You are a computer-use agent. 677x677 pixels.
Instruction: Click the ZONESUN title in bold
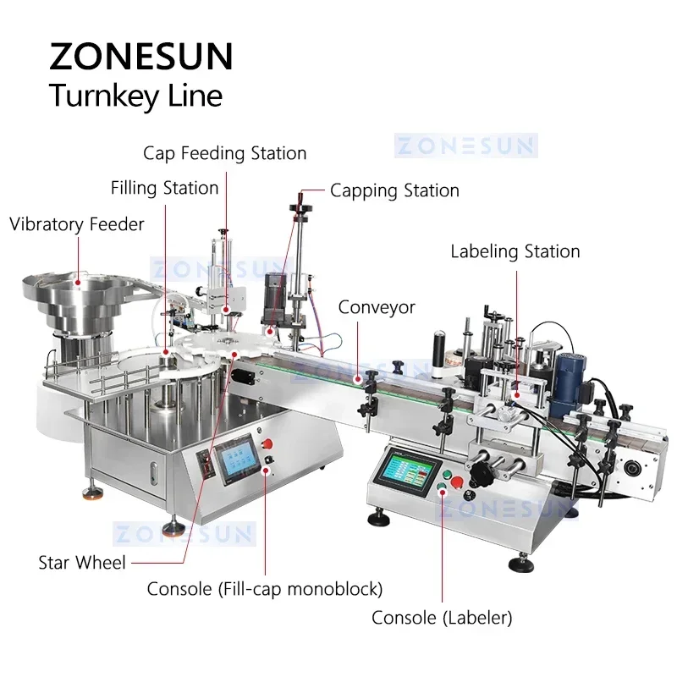[140, 58]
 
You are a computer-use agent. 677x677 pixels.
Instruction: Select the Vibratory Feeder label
[77, 224]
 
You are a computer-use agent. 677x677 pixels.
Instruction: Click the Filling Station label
[164, 187]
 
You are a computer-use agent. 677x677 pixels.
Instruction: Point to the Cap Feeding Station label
[224, 153]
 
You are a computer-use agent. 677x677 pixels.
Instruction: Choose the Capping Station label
[394, 190]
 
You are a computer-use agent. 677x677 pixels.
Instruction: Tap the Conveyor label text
[377, 306]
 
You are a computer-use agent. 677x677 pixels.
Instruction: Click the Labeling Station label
[515, 251]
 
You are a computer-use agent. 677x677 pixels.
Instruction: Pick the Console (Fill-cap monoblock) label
[265, 587]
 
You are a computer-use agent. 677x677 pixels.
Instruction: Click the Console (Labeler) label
[442, 618]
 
